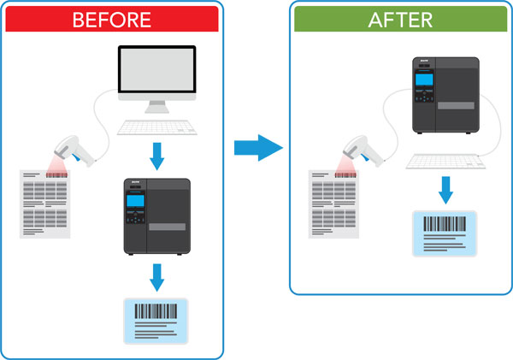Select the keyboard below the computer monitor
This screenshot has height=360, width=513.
point(155,127)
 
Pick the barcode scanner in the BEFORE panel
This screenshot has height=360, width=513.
point(75,147)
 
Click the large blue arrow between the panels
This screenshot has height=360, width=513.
point(257,147)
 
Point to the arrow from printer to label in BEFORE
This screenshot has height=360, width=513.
point(156,276)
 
